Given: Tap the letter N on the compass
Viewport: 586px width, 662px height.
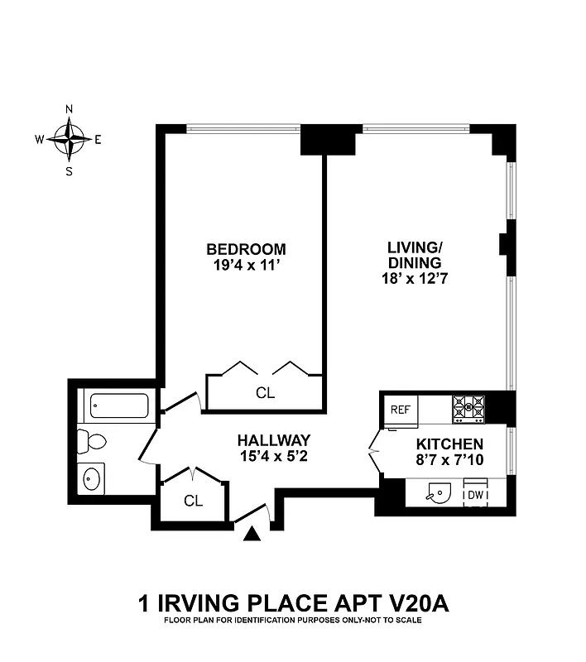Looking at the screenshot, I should tap(70, 109).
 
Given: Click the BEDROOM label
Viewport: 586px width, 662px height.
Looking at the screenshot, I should tap(246, 249).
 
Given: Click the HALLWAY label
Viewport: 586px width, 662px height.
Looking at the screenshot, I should tap(273, 440).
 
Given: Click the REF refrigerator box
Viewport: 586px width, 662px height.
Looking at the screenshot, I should tap(400, 409).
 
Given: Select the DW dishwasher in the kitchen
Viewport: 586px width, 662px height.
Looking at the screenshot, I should tap(475, 495).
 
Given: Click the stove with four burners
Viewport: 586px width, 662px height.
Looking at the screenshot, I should tap(468, 407).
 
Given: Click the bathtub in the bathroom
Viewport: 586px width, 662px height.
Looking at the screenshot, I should tap(118, 406).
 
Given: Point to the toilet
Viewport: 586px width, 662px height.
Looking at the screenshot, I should tap(89, 441).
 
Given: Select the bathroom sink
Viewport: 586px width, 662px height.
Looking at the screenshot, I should tap(92, 477).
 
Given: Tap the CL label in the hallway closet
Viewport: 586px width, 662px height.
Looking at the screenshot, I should tap(193, 501).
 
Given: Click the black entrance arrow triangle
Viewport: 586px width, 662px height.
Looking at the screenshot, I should tap(253, 536).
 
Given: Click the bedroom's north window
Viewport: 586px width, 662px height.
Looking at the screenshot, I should tap(243, 128).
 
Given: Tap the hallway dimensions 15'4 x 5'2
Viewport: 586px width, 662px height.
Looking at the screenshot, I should tap(273, 456).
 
